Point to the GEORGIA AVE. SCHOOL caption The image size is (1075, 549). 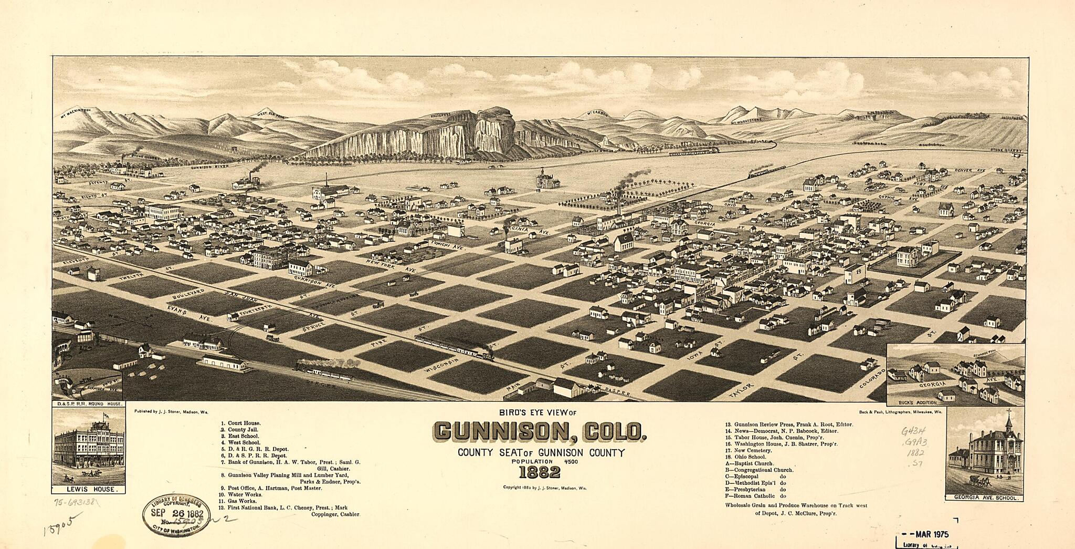[x=984, y=497]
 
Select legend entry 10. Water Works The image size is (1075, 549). [x=240, y=494]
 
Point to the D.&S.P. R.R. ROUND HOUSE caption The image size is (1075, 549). [x=88, y=404]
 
